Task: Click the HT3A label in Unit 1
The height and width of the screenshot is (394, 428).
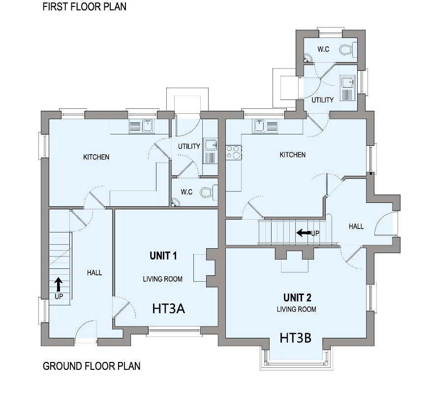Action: pos(169,308)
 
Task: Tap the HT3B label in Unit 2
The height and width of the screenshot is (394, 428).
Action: pos(295,338)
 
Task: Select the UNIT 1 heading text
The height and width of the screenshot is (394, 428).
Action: pos(163,256)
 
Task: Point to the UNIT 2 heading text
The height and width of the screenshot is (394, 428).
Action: pos(297,297)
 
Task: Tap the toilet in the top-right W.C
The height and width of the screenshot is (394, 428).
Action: pos(348,50)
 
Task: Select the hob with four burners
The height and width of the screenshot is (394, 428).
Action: pos(234,153)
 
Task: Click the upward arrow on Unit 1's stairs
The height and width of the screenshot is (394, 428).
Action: pos(59,285)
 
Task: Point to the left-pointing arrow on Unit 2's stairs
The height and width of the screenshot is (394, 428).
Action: pos(304,233)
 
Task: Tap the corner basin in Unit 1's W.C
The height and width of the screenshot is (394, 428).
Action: pos(175,202)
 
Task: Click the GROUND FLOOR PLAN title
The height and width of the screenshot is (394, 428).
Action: pos(92,366)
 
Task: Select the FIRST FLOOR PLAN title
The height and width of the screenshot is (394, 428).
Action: pos(84,7)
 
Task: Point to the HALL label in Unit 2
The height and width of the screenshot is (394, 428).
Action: pos(356,226)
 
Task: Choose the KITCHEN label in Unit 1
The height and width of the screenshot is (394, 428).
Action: pos(96,157)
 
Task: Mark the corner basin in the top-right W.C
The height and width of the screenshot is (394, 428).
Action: pos(308,58)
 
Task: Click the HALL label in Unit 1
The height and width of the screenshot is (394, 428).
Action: pos(94,273)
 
